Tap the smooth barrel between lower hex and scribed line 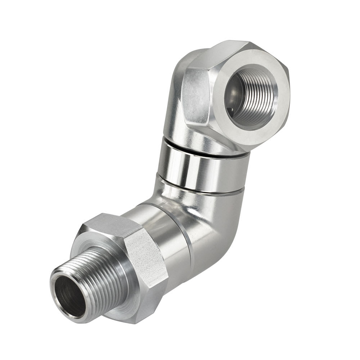[x=158, y=230]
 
